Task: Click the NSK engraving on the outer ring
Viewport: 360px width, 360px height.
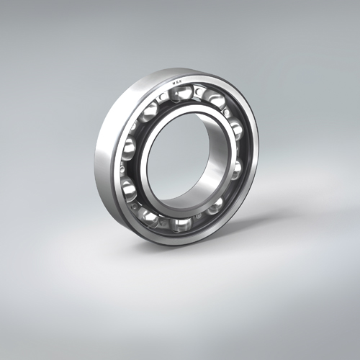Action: tap(176, 82)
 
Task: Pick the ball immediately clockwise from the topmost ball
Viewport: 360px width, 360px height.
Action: tap(215, 100)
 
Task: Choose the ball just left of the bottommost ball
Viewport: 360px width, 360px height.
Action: tap(149, 215)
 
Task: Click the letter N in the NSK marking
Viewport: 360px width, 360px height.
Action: tap(173, 83)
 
